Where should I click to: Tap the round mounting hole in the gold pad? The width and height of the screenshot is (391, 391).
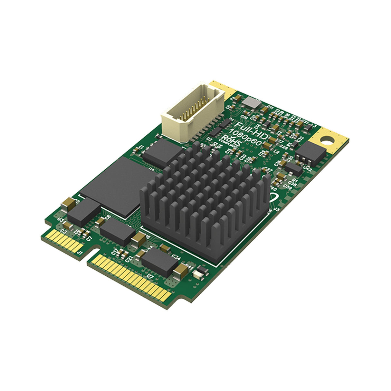(x=328, y=139)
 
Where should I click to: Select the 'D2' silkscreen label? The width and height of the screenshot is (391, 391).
(x=209, y=139)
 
